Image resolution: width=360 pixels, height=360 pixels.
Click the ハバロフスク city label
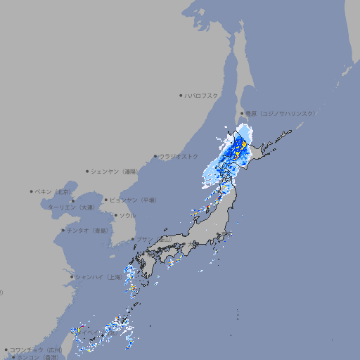click(201, 95)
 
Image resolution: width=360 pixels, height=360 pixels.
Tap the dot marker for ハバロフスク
click(181, 95)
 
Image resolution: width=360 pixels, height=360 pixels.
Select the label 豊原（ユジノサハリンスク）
click(281, 113)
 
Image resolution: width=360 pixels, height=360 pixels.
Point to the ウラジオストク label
click(179, 156)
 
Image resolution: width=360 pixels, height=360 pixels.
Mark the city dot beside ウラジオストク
click(155, 156)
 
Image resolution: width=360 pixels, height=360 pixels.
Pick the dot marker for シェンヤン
click(87, 171)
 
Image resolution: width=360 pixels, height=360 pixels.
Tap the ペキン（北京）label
click(54, 191)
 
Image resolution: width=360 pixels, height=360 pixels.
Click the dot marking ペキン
click(32, 191)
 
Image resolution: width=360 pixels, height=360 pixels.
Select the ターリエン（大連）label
click(71, 207)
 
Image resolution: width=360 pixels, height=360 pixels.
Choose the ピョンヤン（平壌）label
click(133, 200)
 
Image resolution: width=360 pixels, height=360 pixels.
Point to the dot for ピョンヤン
click(106, 200)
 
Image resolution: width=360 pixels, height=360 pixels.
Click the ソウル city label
click(127, 215)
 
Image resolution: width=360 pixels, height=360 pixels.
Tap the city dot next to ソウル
click(115, 215)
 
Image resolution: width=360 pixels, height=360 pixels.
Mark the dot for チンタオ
click(63, 230)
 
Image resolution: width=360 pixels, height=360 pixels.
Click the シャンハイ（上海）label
click(98, 277)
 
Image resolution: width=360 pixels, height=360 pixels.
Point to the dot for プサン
click(132, 239)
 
